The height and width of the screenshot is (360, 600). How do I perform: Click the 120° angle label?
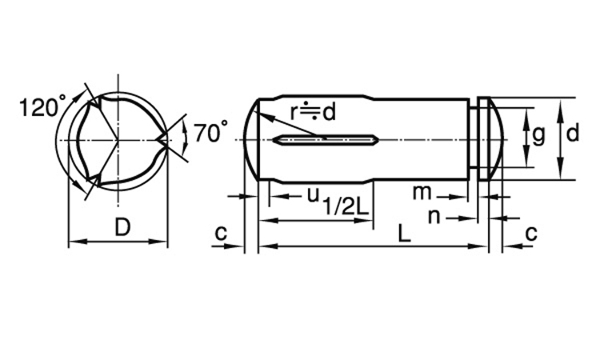[x=42, y=106]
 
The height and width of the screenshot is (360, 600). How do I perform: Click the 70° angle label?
[x=211, y=132]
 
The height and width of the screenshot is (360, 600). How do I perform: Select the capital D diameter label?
[x=122, y=227]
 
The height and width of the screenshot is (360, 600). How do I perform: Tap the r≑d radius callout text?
[x=313, y=112]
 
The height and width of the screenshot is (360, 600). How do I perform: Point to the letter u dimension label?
[x=313, y=194]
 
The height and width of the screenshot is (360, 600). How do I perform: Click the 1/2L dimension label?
[x=346, y=207]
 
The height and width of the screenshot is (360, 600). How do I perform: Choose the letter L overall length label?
[x=404, y=234]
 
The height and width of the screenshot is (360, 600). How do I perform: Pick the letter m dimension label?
[x=422, y=193]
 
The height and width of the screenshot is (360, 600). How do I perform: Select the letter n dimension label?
[x=434, y=217]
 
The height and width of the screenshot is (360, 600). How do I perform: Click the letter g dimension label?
[x=538, y=135]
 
